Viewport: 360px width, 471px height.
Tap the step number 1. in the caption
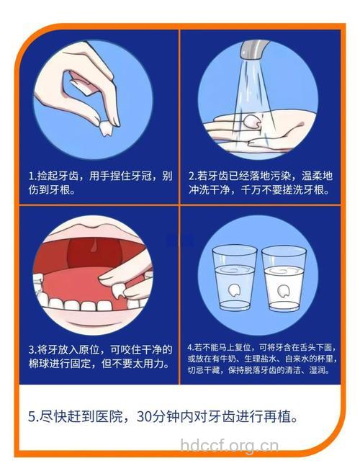click(x=32, y=176)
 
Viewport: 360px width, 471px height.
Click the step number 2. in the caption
click(x=192, y=176)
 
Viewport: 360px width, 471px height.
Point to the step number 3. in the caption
click(x=32, y=349)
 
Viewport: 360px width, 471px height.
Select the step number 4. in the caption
click(x=190, y=345)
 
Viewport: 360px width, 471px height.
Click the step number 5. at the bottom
click(x=34, y=417)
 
